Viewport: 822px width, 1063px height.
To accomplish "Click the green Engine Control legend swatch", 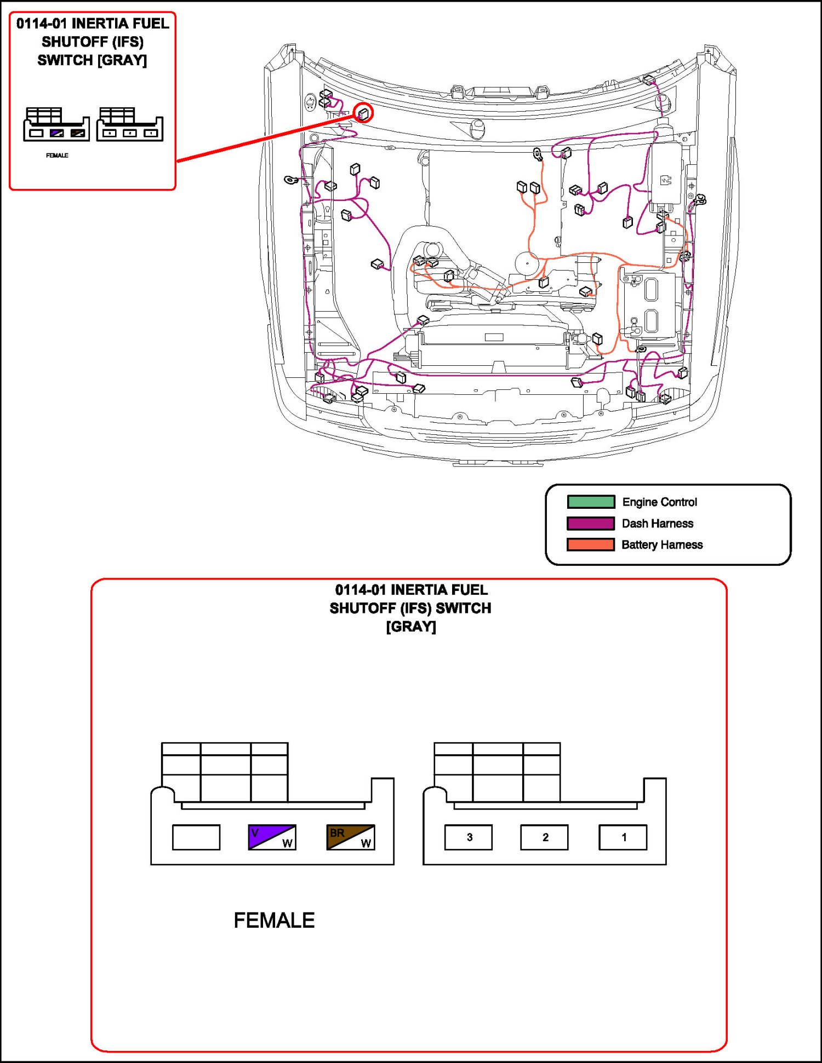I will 591,502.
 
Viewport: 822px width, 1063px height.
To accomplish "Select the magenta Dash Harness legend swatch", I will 591,523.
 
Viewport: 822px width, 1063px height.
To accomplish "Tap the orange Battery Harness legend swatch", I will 591,544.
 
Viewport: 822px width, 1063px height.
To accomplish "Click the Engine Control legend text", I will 659,502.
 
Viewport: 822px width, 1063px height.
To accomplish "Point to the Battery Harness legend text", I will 662,545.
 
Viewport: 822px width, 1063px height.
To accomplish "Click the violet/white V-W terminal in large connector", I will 272,837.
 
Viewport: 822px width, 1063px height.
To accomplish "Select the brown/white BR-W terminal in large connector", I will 351,837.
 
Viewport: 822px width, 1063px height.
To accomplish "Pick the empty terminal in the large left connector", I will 196,837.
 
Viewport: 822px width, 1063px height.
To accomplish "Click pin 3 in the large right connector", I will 469,837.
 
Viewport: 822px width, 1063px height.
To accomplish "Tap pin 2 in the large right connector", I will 545,837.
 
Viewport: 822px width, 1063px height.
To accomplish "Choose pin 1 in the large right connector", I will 623,837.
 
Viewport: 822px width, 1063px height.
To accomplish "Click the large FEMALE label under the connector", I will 274,920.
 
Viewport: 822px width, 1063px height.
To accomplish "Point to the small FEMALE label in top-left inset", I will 57,156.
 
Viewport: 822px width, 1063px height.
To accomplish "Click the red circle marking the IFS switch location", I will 363,113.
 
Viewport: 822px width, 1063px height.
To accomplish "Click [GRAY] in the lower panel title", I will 411,627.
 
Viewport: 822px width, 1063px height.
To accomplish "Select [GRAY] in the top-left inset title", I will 122,60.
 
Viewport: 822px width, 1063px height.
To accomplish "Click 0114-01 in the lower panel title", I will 360,590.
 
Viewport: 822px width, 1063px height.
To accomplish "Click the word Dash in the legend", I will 634,524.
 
